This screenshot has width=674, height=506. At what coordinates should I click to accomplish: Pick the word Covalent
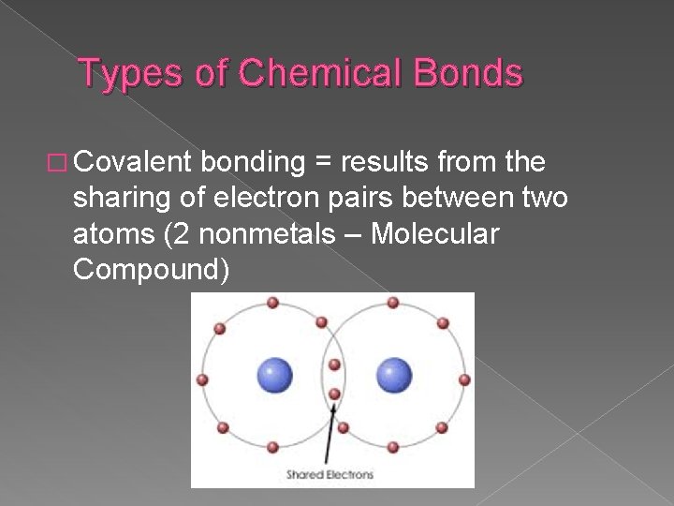[x=130, y=162]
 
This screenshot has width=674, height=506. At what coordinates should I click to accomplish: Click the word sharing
[x=122, y=199]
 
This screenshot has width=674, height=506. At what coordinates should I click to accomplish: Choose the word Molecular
[x=435, y=233]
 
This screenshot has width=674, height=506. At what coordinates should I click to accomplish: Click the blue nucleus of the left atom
[x=274, y=376]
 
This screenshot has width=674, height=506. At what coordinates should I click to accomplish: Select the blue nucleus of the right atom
[x=394, y=376]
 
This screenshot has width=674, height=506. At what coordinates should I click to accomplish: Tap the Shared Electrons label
[x=330, y=475]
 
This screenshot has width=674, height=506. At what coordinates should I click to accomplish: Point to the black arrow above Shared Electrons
[x=329, y=432]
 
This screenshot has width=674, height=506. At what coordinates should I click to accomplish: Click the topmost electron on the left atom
[x=272, y=303]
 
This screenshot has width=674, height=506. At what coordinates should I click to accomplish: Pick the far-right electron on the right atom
[x=464, y=379]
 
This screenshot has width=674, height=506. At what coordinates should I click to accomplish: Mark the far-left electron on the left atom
[x=202, y=379]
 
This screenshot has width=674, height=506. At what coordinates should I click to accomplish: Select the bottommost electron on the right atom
[x=393, y=447]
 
